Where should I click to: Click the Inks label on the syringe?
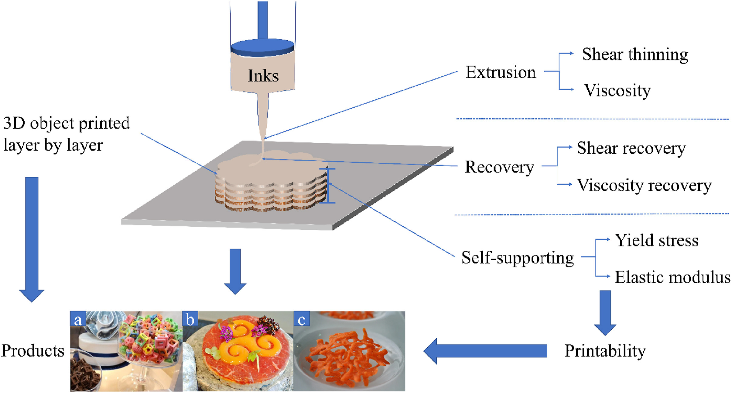tap(263, 75)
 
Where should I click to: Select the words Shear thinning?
tap(635, 55)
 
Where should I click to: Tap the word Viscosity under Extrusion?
tap(617, 90)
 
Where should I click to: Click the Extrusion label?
tap(501, 72)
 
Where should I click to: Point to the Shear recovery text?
tap(631, 148)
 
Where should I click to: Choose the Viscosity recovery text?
tap(644, 185)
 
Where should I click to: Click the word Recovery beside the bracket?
tap(499, 167)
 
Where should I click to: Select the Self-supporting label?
tap(518, 258)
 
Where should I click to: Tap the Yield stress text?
tap(657, 240)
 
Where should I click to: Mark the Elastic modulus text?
tap(672, 277)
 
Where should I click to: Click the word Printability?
tap(605, 351)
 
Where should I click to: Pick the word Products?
tap(33, 351)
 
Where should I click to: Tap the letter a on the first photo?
tap(78, 319)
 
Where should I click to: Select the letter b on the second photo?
tap(190, 319)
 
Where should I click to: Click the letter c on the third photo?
tap(302, 319)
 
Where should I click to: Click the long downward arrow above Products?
tap(32, 237)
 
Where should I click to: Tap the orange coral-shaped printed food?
tap(346, 356)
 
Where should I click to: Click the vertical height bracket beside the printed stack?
tap(328, 186)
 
